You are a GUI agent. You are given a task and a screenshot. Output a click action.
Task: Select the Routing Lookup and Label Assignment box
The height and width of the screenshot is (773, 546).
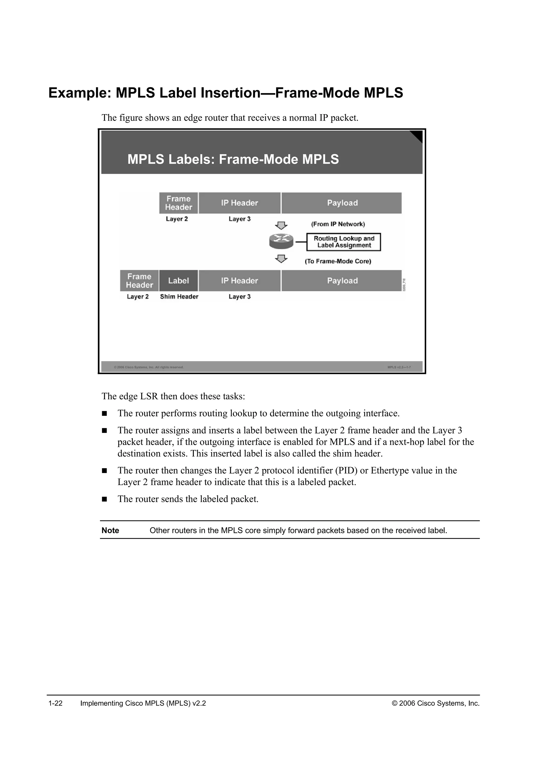(344, 242)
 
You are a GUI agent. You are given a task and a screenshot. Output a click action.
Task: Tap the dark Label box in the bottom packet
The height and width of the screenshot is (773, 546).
(179, 281)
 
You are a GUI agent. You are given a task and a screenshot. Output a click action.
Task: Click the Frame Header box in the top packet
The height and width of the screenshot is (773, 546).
(179, 203)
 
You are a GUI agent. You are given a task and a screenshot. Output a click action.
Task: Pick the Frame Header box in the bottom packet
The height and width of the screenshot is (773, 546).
(139, 281)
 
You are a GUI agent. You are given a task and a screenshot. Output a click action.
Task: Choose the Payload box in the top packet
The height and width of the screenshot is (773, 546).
(342, 203)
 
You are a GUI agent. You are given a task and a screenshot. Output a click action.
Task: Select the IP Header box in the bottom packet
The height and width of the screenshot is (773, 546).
(239, 281)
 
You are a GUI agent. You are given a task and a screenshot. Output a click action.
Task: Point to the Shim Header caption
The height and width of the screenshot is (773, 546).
(179, 297)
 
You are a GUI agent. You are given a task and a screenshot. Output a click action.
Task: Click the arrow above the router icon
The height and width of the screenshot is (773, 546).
(281, 225)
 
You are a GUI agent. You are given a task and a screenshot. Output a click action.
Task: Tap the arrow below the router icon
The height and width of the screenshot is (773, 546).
(281, 259)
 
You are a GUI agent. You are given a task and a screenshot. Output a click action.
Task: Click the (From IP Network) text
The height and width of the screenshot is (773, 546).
(338, 224)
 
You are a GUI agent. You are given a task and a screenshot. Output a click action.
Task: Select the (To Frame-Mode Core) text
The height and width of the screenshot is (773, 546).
(338, 261)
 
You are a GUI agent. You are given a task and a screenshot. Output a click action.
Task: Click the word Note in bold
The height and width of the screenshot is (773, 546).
(110, 531)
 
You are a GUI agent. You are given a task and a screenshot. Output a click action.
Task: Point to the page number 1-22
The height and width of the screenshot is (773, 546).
(55, 703)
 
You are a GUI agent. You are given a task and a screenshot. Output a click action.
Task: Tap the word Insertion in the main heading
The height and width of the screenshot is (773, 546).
(230, 93)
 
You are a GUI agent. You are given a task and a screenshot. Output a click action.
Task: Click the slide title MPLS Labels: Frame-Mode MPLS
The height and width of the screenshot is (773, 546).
(233, 159)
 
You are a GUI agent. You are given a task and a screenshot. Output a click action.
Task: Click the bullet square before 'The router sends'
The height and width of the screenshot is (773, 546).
(104, 499)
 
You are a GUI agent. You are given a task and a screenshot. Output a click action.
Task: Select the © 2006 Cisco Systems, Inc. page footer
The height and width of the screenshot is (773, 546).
(436, 703)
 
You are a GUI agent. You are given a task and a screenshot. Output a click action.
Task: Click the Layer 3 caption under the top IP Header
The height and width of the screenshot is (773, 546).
(239, 219)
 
